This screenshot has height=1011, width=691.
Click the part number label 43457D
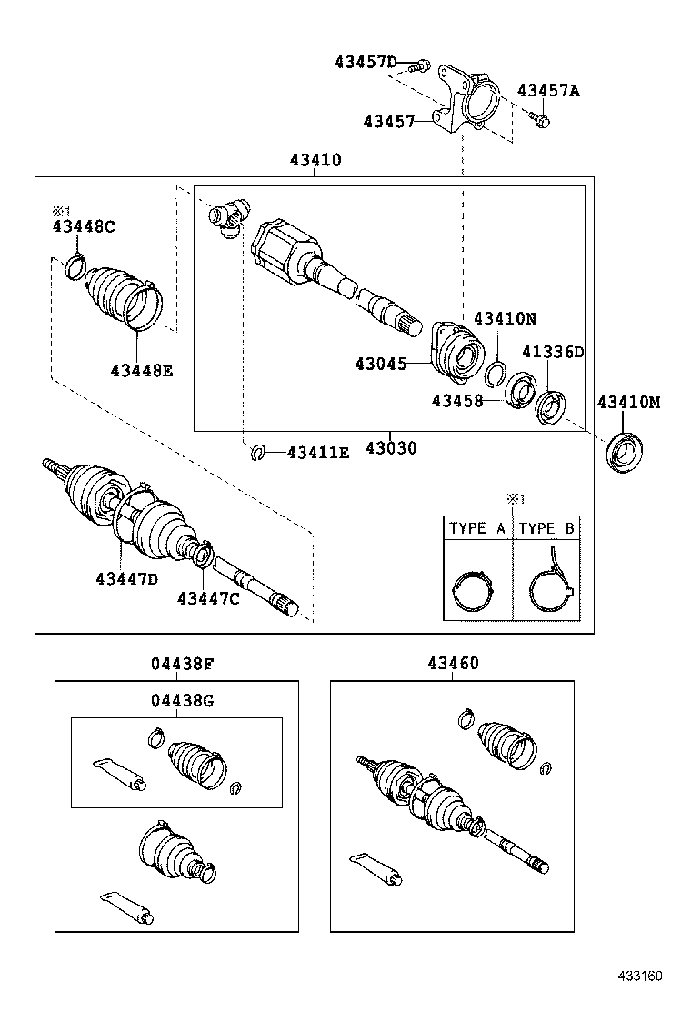(366, 62)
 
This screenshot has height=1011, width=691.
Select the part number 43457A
(548, 90)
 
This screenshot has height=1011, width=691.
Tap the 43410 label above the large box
(315, 161)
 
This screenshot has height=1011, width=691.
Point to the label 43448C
(83, 227)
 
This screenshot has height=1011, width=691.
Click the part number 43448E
(142, 370)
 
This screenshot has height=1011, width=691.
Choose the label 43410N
(505, 318)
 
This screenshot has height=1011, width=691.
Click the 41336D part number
(552, 352)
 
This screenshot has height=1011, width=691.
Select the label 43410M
(628, 401)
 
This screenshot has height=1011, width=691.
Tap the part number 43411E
(317, 452)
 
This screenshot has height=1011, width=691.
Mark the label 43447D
(126, 579)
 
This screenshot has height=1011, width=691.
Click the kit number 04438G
(183, 699)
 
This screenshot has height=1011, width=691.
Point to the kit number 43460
(453, 664)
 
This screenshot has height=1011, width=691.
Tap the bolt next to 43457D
(420, 65)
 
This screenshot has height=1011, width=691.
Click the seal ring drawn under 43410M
(623, 452)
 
